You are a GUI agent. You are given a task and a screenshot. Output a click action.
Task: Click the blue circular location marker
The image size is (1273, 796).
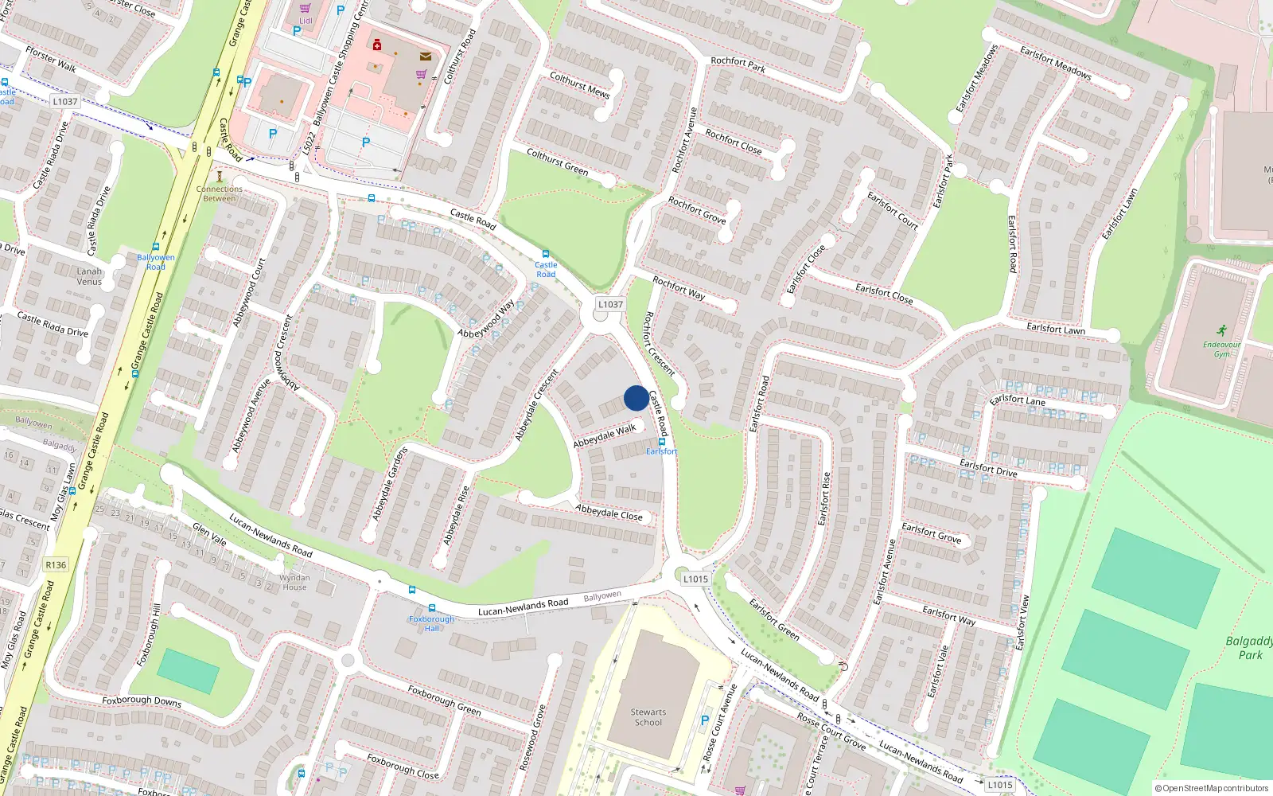coord(636,398)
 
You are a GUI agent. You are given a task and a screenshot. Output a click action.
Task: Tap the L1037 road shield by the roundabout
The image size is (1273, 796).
coord(610,304)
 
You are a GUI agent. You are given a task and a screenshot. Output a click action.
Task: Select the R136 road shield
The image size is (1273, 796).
coord(56,565)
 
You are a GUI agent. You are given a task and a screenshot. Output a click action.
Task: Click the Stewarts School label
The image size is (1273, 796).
coord(648,717)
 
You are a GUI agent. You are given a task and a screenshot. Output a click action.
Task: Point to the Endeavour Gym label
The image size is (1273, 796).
coord(1221,349)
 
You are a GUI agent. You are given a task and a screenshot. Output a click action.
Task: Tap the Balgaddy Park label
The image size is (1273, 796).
coord(1249,648)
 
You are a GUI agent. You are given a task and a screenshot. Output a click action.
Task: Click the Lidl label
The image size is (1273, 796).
coord(306,21)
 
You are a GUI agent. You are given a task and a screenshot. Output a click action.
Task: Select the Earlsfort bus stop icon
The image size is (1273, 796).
coord(661,442)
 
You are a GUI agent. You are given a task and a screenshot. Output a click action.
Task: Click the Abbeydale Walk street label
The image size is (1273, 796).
coord(605,435)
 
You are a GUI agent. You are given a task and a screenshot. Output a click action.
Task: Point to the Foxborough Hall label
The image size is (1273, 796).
coord(431,623)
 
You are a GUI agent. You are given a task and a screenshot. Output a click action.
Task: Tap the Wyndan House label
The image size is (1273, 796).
coord(294,583)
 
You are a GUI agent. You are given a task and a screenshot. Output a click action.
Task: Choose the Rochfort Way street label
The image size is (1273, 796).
coord(679,287)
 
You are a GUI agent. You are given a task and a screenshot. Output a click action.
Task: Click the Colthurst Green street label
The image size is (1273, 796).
coord(557,161)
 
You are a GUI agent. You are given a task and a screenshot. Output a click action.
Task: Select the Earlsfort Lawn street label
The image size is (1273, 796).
coord(1055,328)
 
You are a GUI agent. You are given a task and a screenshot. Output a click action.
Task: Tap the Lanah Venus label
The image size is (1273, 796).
coord(89,276)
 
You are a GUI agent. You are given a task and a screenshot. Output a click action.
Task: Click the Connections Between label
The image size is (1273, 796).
coord(220,193)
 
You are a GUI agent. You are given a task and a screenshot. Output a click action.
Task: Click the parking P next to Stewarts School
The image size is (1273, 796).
coord(704,720)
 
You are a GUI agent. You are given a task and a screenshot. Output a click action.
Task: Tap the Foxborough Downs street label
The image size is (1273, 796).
coord(142,700)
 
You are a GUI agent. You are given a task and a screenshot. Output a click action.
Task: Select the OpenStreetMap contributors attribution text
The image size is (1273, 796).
coord(1211,788)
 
